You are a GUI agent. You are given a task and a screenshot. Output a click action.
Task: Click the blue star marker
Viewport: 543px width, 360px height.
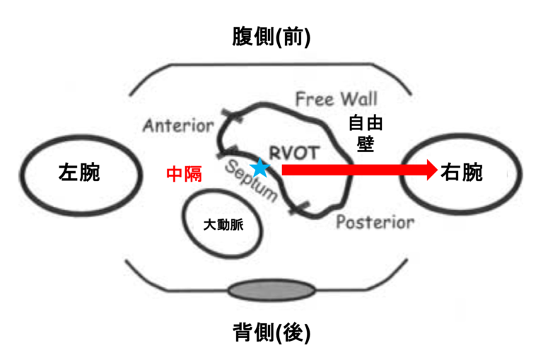point(260,168)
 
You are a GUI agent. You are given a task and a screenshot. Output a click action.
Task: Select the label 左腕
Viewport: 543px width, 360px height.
point(78,173)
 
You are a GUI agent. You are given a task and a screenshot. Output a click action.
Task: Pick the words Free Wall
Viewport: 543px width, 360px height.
point(337,98)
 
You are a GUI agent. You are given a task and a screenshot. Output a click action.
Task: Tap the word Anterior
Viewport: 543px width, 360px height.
point(178,127)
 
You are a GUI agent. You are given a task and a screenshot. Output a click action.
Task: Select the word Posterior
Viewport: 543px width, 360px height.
point(375,222)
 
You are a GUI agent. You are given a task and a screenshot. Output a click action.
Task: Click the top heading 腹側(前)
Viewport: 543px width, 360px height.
point(271,37)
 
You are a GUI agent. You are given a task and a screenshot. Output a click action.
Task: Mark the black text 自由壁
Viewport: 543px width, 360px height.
point(366,133)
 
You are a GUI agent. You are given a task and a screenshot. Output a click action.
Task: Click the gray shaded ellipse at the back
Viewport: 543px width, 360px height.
point(271,290)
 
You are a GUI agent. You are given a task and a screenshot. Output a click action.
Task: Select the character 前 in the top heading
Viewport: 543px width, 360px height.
point(293,37)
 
